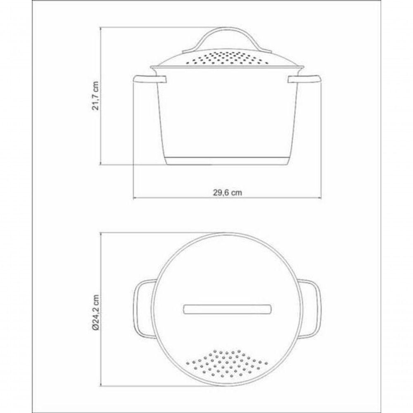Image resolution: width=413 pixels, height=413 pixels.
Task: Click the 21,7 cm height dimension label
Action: coord(95,96)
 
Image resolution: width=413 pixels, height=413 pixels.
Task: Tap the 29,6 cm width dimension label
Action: coord(227,192)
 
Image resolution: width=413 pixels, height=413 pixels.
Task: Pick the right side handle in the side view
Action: coord(304,79)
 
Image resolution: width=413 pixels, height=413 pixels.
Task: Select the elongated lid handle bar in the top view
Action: coord(227,309)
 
